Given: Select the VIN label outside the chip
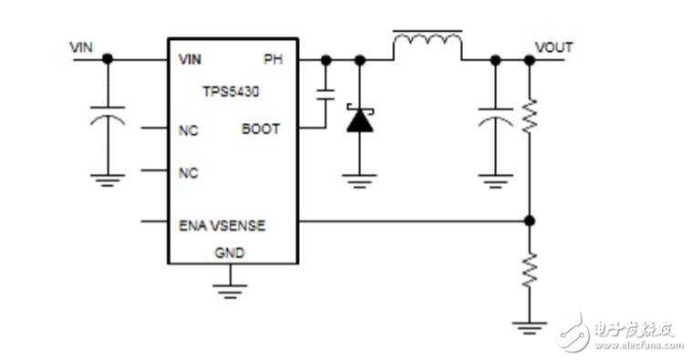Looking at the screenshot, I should click(x=81, y=46).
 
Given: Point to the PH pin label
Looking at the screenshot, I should click(x=273, y=60).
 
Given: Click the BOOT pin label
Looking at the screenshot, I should click(x=261, y=129).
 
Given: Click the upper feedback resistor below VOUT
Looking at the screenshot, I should click(x=530, y=116).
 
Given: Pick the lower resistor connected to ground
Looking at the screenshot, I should click(x=530, y=270).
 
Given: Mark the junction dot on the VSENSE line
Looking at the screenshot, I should click(x=530, y=221).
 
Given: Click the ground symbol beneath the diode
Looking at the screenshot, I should click(x=359, y=180).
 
